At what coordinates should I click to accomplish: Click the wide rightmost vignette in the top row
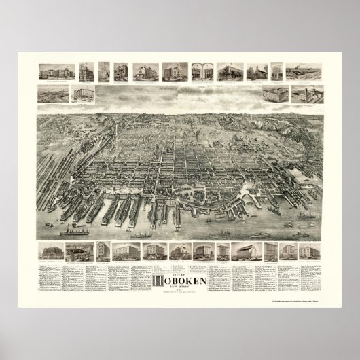[x=302, y=71]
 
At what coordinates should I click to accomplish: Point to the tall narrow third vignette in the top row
[x=103, y=71]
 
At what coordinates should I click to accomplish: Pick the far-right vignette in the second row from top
[x=302, y=93]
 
